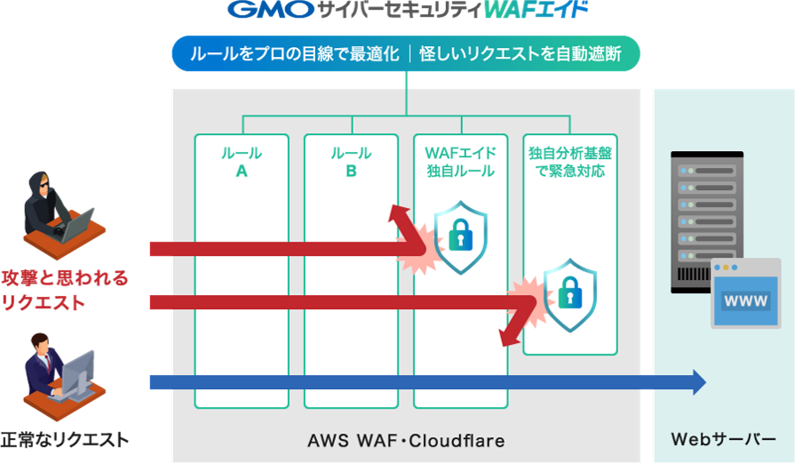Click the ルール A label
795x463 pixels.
point(242,162)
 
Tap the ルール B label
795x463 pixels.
point(351,162)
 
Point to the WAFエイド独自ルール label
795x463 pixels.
point(460,162)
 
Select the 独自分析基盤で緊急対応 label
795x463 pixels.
point(569,162)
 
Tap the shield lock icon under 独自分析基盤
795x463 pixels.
point(569,289)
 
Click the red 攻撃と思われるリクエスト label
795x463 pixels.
point(64,290)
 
